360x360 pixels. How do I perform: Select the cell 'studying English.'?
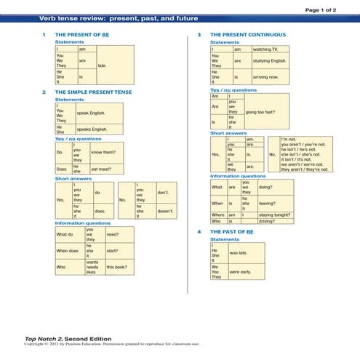272,61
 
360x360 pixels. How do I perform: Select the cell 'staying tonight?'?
276,215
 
